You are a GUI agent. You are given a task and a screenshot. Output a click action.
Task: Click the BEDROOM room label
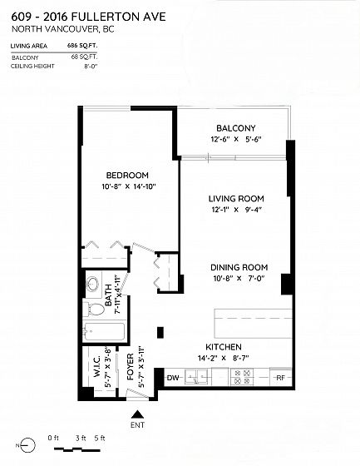click(127, 176)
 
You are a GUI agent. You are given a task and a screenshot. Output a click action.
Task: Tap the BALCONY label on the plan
click(236, 128)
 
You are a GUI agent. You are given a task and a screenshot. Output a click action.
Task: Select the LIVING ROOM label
click(236, 199)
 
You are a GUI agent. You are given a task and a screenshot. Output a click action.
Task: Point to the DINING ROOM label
click(239, 267)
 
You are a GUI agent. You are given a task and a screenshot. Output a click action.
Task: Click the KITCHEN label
click(224, 347)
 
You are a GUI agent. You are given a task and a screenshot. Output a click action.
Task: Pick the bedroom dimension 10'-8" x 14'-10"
click(129, 186)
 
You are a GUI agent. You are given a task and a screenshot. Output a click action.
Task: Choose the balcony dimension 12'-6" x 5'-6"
click(236, 139)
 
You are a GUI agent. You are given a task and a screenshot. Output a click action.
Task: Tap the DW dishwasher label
click(173, 378)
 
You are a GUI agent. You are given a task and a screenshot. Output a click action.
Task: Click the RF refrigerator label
click(281, 378)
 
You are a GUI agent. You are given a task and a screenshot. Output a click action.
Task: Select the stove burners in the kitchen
click(242, 377)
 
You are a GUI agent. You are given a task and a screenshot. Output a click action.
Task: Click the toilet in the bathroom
click(94, 310)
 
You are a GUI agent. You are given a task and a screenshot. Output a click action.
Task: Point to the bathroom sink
click(92, 284)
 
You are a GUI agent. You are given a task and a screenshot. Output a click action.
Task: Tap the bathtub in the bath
click(104, 332)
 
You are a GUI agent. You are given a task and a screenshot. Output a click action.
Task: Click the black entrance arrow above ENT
click(137, 414)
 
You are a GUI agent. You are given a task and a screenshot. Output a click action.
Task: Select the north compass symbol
click(27, 445)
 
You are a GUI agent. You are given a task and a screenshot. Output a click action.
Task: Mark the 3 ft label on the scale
click(81, 438)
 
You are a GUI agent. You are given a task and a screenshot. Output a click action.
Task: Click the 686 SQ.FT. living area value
click(82, 46)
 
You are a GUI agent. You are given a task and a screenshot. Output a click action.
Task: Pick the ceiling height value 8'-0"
click(91, 67)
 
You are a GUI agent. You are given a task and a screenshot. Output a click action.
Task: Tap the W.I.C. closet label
click(98, 366)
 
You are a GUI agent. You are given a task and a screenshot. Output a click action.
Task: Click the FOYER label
click(131, 367)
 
